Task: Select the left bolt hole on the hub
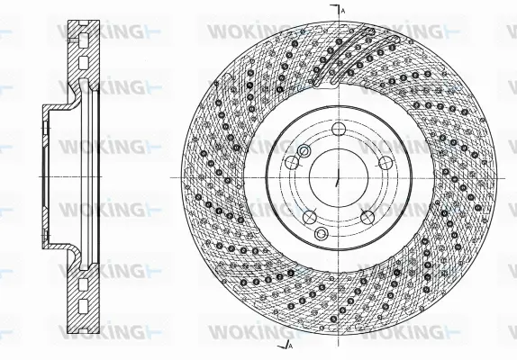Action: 291,163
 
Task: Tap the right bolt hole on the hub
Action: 385,162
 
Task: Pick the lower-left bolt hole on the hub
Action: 309,217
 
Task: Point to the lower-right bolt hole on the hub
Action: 367,217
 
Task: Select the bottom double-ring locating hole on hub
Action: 322,234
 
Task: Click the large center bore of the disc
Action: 337,176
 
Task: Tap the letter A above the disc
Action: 343,9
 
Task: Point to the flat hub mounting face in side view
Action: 46,176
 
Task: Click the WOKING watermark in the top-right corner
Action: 405,31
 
